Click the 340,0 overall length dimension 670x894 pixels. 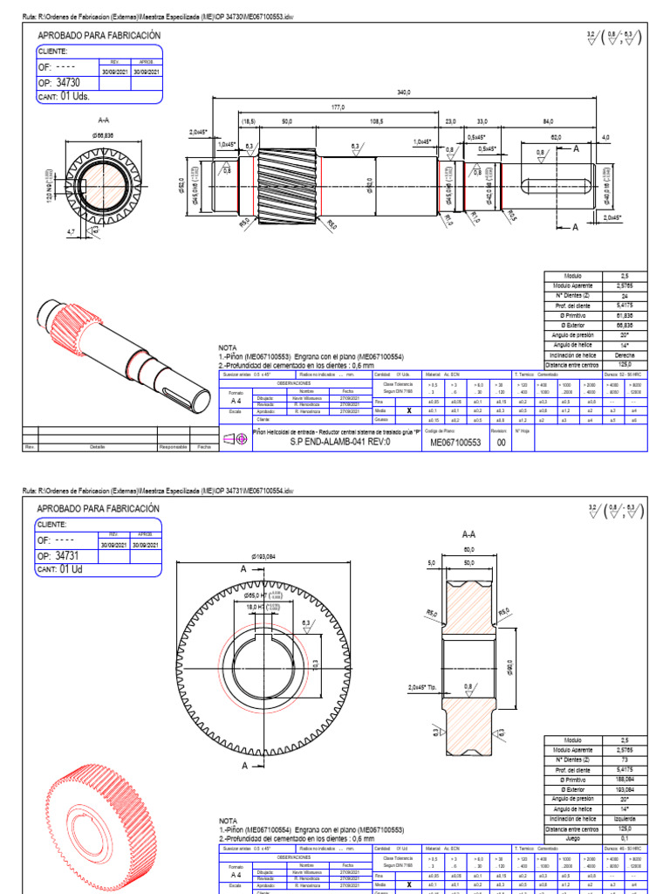[x=403, y=92]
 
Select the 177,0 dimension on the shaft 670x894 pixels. [x=338, y=107]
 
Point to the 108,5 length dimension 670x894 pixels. [x=377, y=121]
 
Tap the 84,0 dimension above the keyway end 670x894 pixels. [x=548, y=121]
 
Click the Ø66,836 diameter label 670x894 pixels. [x=104, y=135]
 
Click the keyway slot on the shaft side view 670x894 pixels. [x=558, y=187]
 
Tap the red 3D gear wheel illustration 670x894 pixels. [x=109, y=808]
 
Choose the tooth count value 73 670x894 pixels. [x=623, y=760]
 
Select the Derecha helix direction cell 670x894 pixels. [x=623, y=355]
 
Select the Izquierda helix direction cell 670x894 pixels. [x=623, y=819]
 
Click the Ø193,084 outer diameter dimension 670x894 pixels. [x=263, y=556]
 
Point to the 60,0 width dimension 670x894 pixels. [x=468, y=549]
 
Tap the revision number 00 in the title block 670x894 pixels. [x=501, y=443]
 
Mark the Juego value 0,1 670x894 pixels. [x=623, y=838]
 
